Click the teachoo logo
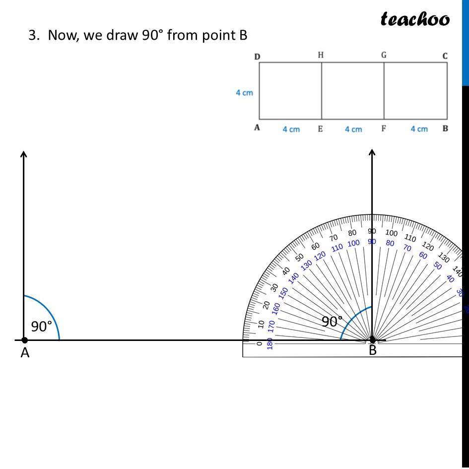click(x=415, y=19)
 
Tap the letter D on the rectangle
click(x=257, y=57)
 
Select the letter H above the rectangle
click(x=321, y=55)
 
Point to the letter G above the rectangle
click(x=384, y=55)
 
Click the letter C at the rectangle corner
click(x=445, y=56)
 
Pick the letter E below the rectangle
click(x=320, y=129)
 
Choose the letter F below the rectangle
click(x=384, y=129)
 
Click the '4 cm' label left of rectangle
click(x=244, y=93)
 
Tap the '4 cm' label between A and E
click(x=291, y=130)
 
